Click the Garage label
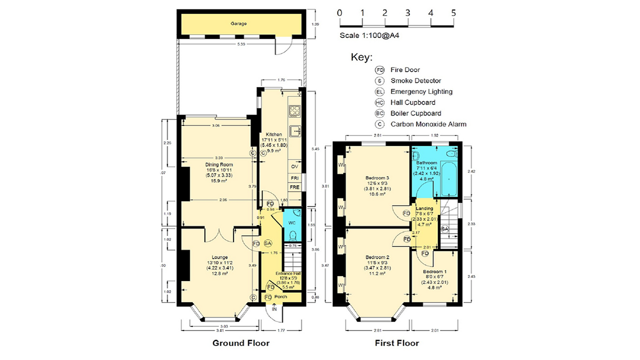click(x=238, y=23)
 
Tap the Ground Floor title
click(x=241, y=343)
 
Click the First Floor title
click(x=397, y=343)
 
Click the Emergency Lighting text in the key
click(x=421, y=91)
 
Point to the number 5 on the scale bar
click(x=453, y=13)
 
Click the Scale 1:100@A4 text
click(x=369, y=35)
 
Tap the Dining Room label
click(x=219, y=164)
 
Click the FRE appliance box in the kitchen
click(x=294, y=187)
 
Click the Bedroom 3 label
click(x=377, y=178)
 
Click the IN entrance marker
click(x=274, y=309)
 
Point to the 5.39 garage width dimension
click(x=241, y=44)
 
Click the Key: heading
click(x=361, y=57)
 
